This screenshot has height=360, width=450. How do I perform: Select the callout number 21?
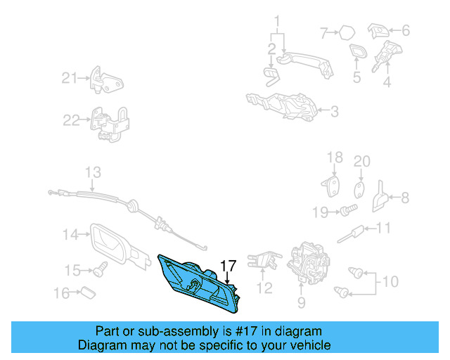tap(68, 78)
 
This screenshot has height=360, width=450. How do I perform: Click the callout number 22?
tap(72, 120)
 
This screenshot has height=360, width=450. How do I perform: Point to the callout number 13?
tap(93, 172)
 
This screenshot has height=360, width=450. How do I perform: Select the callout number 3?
tap(334, 110)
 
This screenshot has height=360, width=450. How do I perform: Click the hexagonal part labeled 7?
tap(347, 32)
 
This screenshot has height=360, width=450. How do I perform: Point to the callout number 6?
tap(405, 31)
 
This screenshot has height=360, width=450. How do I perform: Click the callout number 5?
tap(356, 77)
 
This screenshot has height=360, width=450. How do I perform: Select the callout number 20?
tap(361, 161)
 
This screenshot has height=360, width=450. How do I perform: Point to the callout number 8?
tap(404, 198)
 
